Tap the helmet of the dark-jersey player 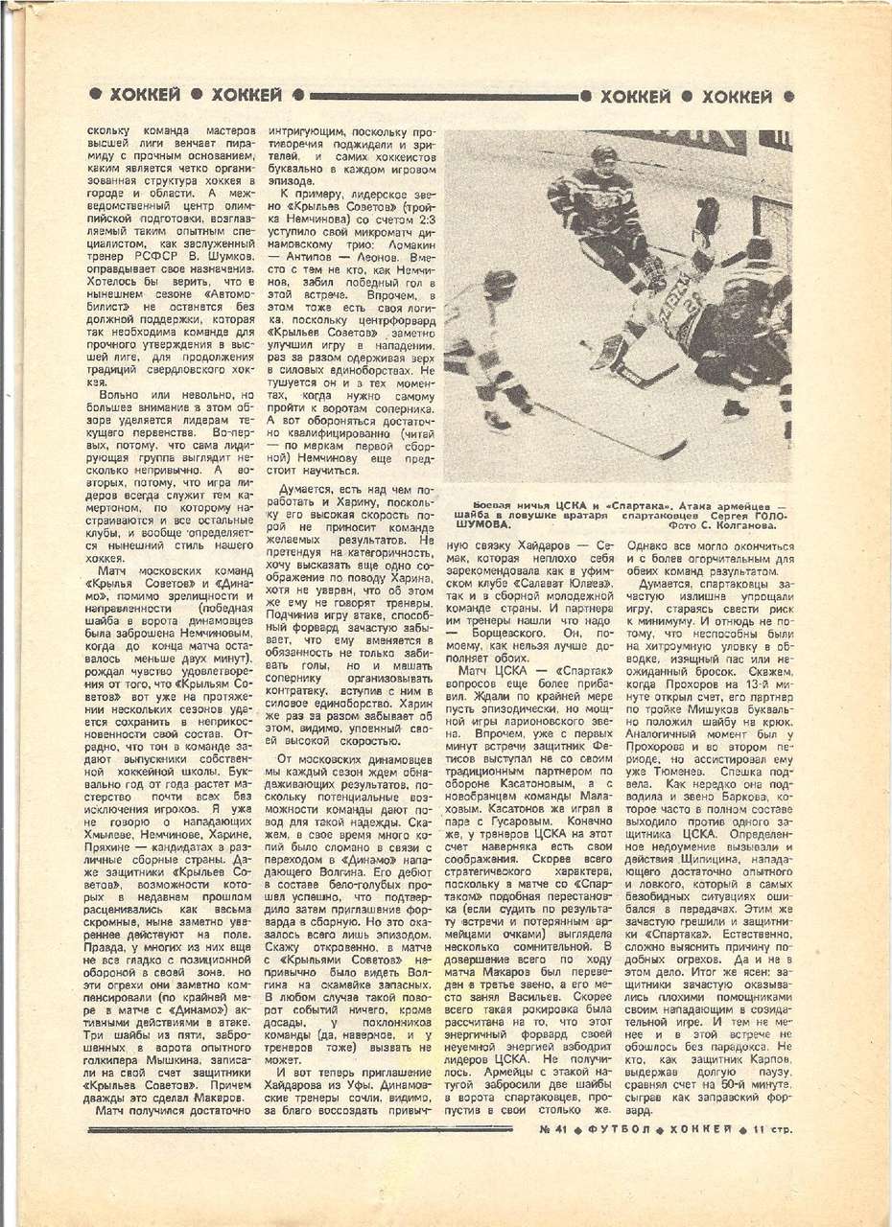pyautogui.click(x=603, y=155)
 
